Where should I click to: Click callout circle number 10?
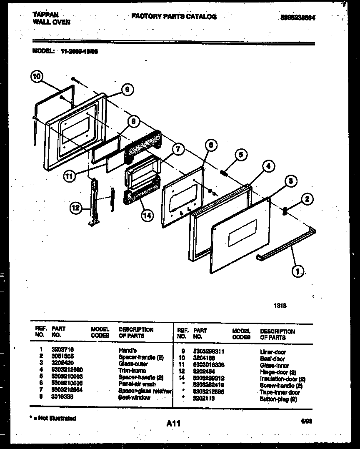tap(37, 77)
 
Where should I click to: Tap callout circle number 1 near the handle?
tap(297, 271)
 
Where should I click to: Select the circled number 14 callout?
tap(147, 216)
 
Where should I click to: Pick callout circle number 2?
tap(307, 200)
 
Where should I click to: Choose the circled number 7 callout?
tap(177, 149)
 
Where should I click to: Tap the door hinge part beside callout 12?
tap(94, 202)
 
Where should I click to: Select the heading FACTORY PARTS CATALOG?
tap(174, 16)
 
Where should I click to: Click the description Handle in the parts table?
tap(127, 351)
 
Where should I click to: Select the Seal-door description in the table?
tap(272, 359)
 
